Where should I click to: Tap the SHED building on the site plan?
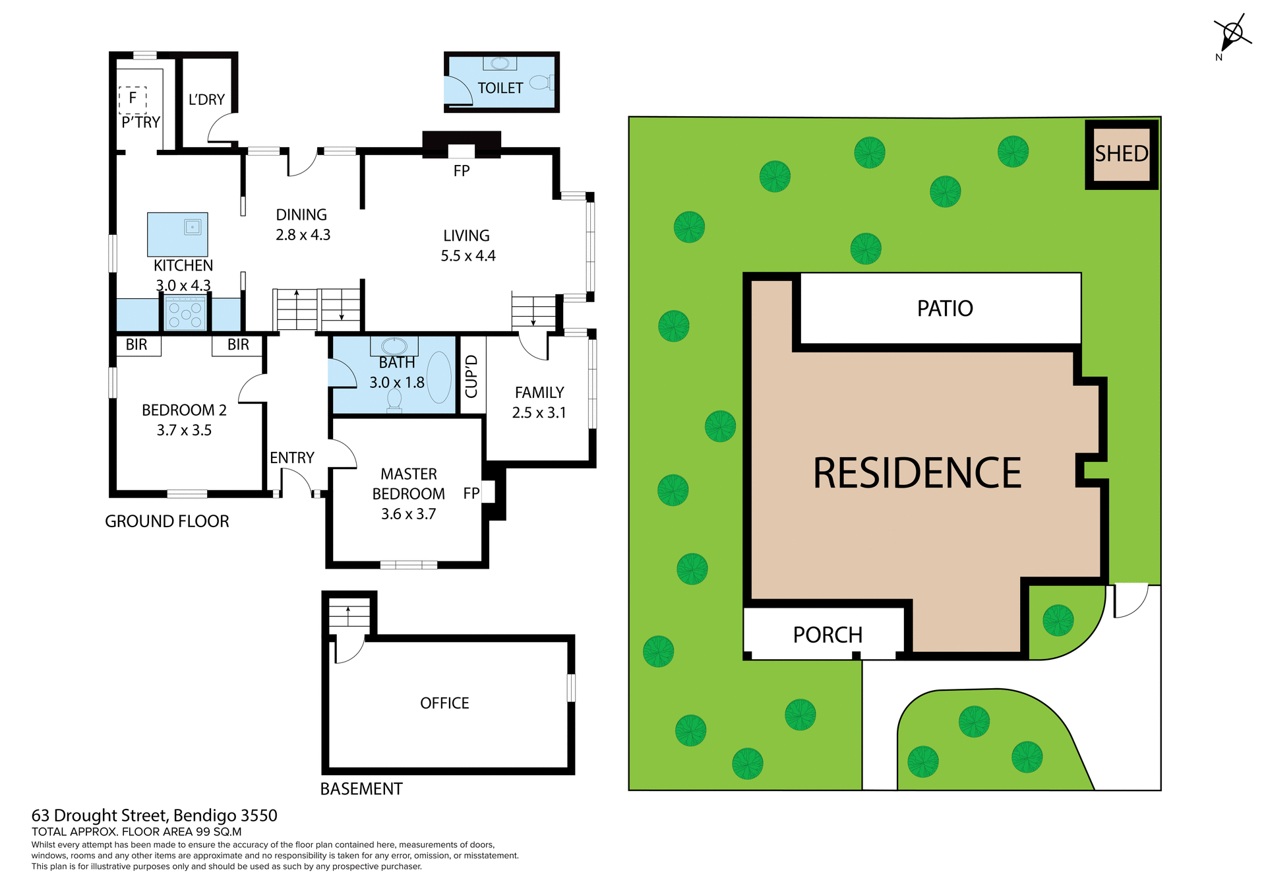[1121, 154]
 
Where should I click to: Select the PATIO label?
[944, 309]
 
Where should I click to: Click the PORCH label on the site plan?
[827, 635]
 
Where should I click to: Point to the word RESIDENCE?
[917, 473]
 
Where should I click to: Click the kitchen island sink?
[192, 227]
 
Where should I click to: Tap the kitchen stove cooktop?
[185, 313]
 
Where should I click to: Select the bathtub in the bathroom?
[439, 377]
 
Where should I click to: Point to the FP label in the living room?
[461, 171]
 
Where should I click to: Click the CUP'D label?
[471, 376]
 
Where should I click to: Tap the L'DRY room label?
[206, 100]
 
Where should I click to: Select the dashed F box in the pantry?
[133, 99]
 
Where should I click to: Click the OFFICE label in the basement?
[444, 703]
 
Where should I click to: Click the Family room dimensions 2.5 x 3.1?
[539, 413]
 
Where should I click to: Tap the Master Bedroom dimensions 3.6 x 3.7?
[408, 514]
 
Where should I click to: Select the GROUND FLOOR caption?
[167, 521]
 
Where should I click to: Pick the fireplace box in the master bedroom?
[488, 492]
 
